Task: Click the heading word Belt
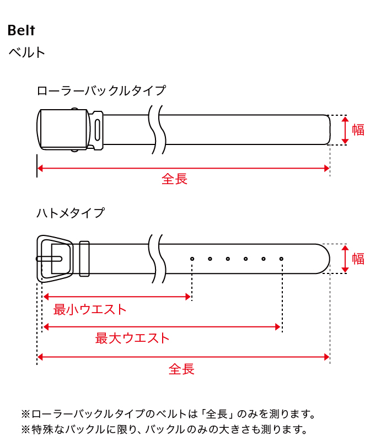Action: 22,30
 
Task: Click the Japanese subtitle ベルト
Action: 27,52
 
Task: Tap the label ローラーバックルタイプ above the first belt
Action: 101,90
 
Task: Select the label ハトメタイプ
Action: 71,213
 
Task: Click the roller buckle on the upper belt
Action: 63,130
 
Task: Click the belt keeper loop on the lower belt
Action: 84,259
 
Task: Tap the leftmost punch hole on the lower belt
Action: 192,259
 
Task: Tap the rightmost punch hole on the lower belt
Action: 281,259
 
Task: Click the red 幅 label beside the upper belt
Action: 358,130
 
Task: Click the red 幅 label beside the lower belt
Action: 358,259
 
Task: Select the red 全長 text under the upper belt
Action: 174,179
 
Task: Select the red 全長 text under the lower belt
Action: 181,369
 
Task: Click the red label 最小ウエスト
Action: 90,309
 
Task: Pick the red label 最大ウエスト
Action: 132,338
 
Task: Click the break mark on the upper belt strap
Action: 157,130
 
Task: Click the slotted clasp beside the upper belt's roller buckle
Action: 97,130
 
